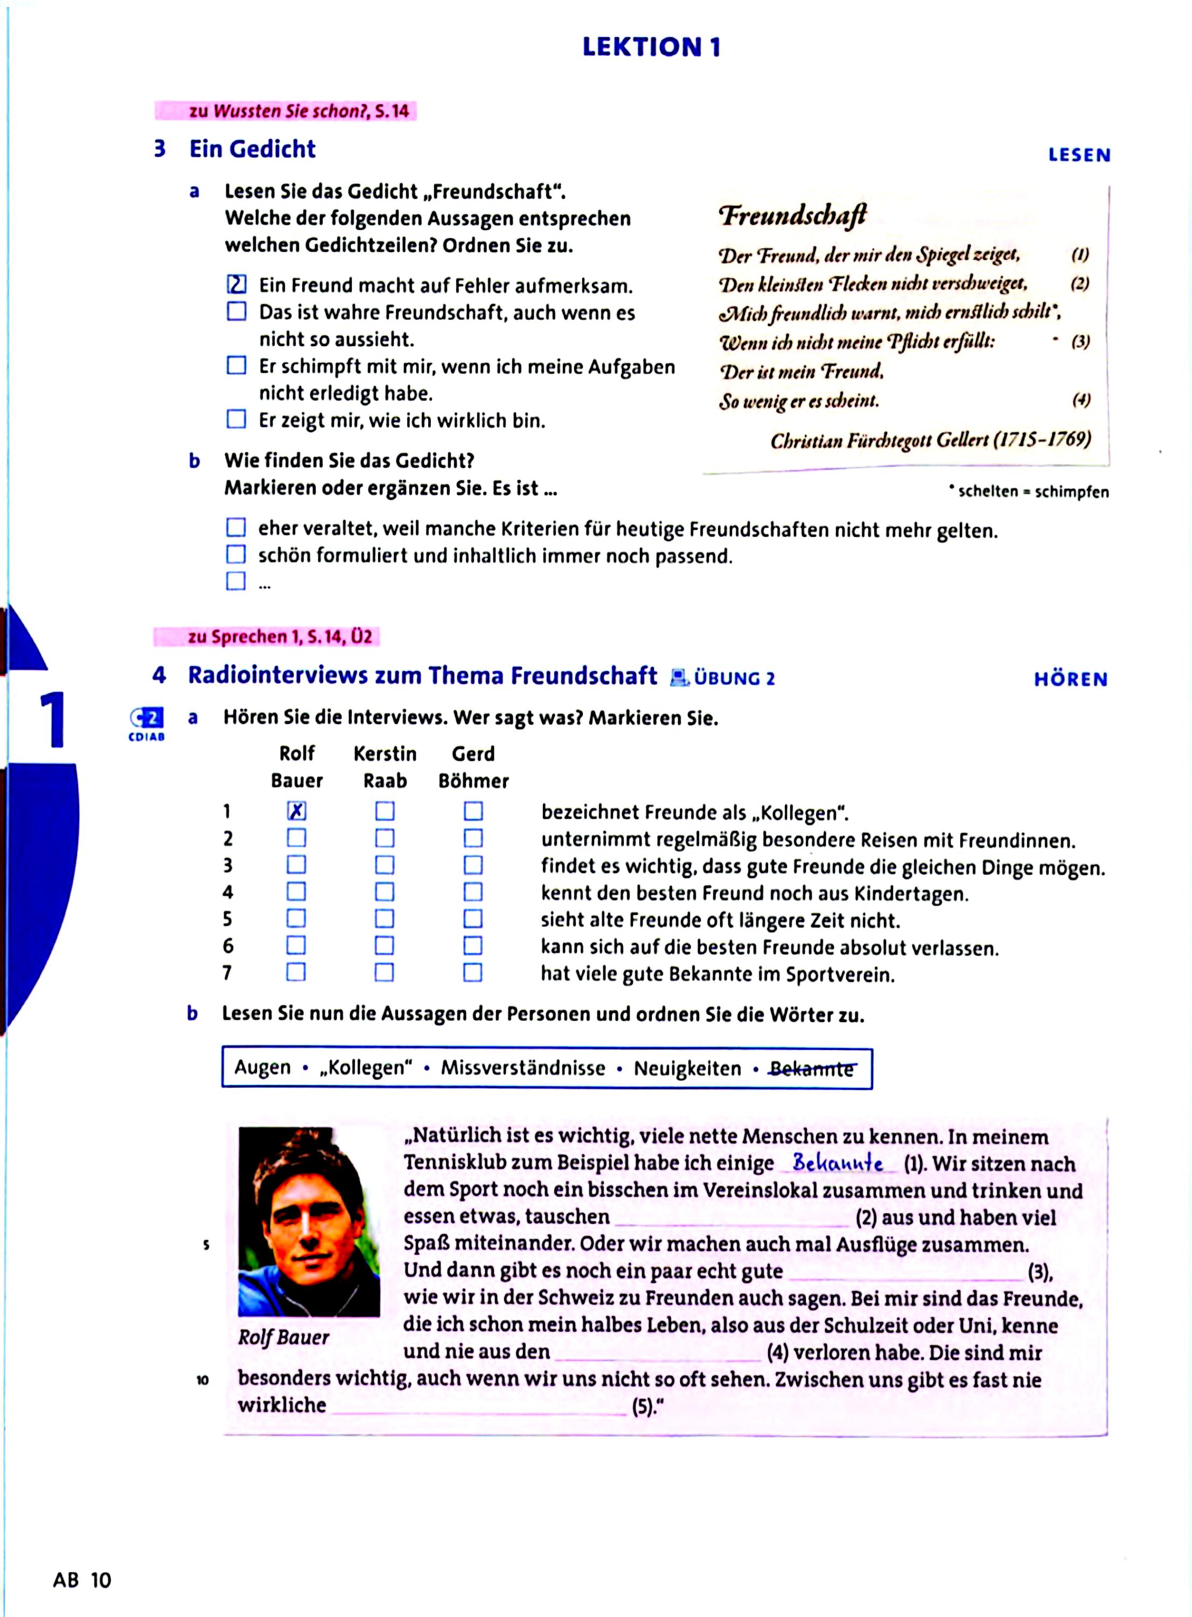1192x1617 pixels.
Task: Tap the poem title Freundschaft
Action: pyautogui.click(x=792, y=215)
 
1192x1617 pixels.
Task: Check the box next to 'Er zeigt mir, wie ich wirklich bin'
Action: pyautogui.click(x=236, y=419)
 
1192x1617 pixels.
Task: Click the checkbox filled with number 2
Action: pyautogui.click(x=236, y=285)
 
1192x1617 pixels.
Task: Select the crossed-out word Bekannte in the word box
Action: pyautogui.click(x=812, y=1069)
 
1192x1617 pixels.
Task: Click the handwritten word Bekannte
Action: pyautogui.click(x=837, y=1163)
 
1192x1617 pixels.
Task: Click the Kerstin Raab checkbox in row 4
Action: pyautogui.click(x=385, y=892)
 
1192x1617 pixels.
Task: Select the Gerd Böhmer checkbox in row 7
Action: pyautogui.click(x=472, y=972)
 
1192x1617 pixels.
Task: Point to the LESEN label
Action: pyautogui.click(x=1079, y=155)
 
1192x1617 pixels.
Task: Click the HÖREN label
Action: pyautogui.click(x=1070, y=679)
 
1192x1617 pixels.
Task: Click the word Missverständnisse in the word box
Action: pyautogui.click(x=523, y=1068)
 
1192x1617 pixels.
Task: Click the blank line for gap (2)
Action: pyautogui.click(x=731, y=1219)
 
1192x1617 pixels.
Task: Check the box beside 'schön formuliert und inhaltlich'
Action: pyautogui.click(x=236, y=555)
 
